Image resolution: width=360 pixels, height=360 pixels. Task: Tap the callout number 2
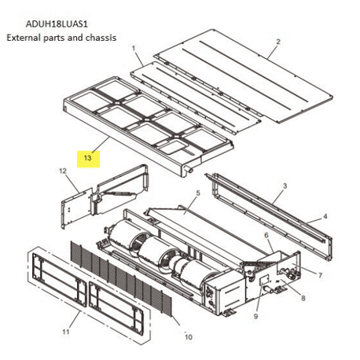pos(277,42)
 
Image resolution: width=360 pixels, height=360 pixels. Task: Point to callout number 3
pos(286,186)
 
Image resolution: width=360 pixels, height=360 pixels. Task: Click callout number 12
pos(62,171)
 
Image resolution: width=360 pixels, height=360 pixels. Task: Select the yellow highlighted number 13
pos(89,158)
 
